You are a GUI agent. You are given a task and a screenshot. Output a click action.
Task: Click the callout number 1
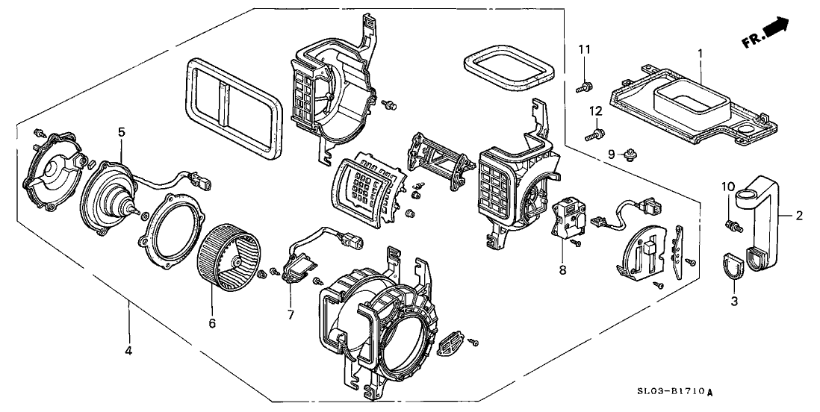click(700, 54)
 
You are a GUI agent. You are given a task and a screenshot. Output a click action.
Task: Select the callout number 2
click(798, 216)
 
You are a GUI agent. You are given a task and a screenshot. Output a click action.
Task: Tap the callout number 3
click(733, 301)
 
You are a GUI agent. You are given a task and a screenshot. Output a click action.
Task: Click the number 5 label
click(121, 132)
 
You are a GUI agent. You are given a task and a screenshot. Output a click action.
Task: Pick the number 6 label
click(211, 323)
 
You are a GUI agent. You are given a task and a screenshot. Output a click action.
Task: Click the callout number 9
click(611, 154)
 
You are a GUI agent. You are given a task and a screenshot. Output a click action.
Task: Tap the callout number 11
click(584, 49)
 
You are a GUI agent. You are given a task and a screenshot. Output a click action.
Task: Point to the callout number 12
click(595, 110)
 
